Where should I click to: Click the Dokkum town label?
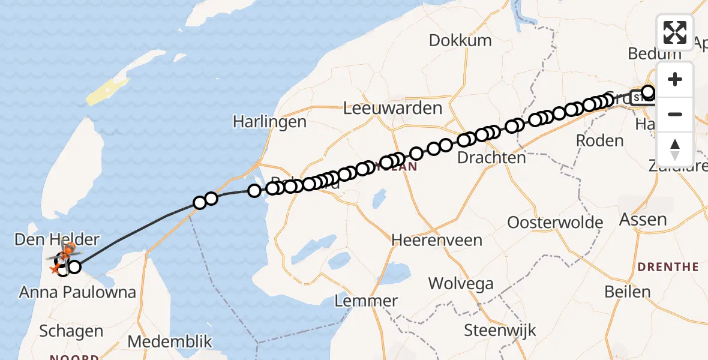[460, 41]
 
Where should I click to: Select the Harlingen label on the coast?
[269, 122]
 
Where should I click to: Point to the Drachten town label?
[491, 158]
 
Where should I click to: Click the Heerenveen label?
[437, 240]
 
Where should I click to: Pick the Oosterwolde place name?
[555, 223]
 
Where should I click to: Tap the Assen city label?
[643, 220]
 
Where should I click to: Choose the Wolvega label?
[461, 283]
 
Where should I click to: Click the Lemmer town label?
[366, 301]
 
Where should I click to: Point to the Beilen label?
[627, 292]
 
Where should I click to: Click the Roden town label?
[599, 140]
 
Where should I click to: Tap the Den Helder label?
[58, 240]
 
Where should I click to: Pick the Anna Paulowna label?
[77, 293]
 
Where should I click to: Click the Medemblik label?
[170, 341]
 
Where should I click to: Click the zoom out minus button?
[675, 114]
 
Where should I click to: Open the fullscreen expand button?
[675, 32]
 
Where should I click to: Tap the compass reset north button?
[675, 148]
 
